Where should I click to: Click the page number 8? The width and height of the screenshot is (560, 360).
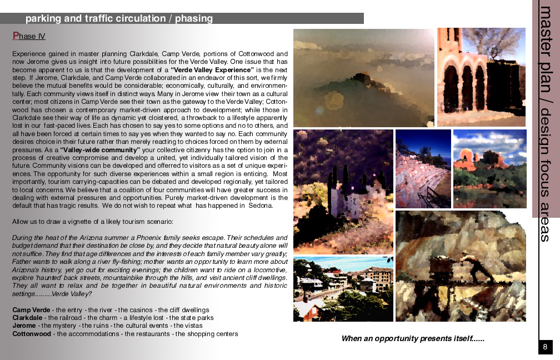tap(545, 347)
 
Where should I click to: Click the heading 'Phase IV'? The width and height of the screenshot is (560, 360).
tap(29, 37)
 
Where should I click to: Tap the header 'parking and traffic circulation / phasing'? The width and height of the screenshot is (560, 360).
tap(119, 18)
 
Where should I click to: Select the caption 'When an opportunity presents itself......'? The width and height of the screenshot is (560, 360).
tap(413, 338)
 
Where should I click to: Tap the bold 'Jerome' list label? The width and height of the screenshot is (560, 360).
tap(24, 326)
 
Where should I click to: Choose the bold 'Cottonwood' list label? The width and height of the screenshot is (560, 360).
tap(32, 334)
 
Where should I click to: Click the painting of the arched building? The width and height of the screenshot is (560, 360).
tap(481, 77)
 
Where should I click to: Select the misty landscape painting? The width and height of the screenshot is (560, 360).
tap(363, 78)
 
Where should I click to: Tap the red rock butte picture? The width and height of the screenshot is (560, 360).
tap(489, 169)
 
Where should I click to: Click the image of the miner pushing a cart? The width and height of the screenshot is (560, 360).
tap(461, 266)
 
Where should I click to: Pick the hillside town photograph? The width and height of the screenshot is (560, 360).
tap(343, 289)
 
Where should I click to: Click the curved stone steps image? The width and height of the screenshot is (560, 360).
tap(423, 169)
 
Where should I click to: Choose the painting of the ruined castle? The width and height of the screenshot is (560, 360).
tap(342, 192)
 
